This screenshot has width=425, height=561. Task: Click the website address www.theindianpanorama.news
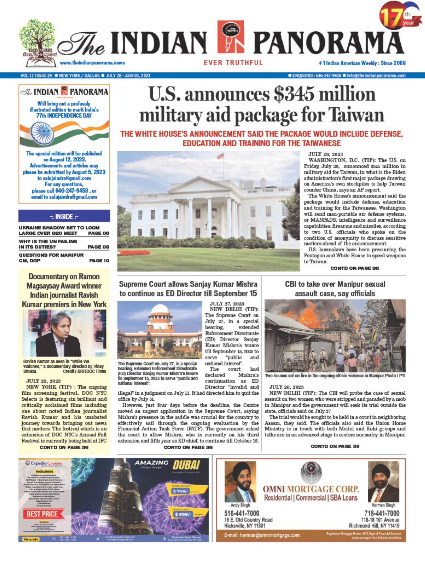[92, 63]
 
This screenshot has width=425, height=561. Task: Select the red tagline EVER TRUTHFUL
[233, 63]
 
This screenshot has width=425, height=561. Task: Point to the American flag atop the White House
[220, 156]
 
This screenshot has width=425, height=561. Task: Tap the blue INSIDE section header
[64, 216]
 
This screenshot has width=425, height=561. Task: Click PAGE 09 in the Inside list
[98, 247]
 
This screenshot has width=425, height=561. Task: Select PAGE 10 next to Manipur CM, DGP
[99, 260]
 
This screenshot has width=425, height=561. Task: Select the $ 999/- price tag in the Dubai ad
[182, 514]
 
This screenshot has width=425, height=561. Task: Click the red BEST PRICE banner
[43, 514]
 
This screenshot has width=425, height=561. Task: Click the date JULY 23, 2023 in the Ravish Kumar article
[43, 381]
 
